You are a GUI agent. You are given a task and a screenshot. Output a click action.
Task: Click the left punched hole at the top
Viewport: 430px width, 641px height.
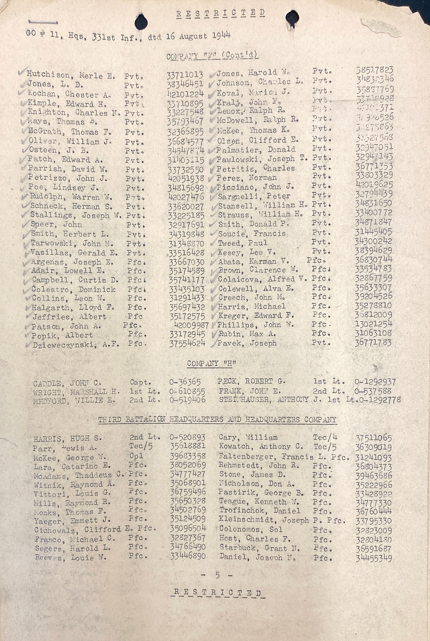pos(141,22)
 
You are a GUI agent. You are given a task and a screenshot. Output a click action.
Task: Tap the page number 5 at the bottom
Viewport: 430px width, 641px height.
pos(217,575)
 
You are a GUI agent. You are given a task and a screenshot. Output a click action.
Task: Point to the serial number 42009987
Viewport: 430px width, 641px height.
pos(191,326)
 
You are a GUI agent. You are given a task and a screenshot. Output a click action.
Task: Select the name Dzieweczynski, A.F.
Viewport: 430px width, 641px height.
pos(76,345)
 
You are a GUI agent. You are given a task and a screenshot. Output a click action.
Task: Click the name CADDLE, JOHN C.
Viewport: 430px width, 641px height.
pos(67,383)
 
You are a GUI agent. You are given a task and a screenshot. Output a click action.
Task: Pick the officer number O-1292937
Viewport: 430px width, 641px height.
pos(375,382)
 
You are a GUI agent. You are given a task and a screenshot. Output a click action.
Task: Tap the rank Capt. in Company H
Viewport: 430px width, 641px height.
pos(140,382)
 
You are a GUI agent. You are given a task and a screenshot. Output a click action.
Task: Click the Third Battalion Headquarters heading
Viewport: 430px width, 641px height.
pos(217,420)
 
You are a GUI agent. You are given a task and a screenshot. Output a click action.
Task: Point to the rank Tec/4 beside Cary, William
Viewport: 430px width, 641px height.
pos(325,437)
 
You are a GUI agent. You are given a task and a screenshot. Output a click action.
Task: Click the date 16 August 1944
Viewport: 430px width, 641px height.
pos(198,36)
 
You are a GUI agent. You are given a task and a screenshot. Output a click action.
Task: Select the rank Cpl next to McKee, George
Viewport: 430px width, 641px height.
pos(136,456)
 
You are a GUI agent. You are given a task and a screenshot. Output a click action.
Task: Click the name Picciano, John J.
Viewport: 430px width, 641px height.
pos(256,187)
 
